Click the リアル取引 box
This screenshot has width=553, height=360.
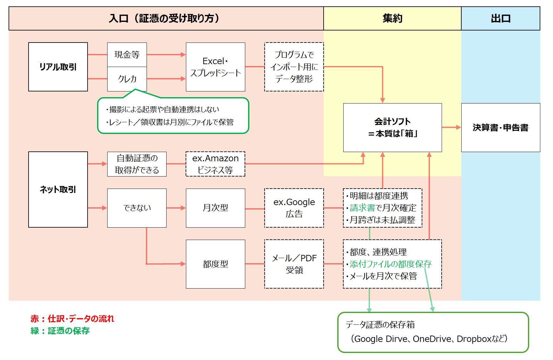click(x=58, y=67)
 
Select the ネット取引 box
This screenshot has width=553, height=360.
click(x=58, y=190)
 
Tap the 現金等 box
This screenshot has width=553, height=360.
click(x=127, y=55)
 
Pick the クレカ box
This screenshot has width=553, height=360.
click(x=127, y=79)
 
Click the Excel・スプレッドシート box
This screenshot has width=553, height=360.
click(x=215, y=67)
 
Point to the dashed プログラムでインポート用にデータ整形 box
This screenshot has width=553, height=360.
click(x=294, y=67)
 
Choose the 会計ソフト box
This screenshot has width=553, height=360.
click(x=392, y=128)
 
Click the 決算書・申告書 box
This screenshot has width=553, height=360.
click(x=500, y=128)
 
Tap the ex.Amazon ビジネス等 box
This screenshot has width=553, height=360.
click(x=215, y=164)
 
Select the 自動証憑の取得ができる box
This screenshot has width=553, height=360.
click(x=137, y=164)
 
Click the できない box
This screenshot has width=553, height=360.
click(x=137, y=208)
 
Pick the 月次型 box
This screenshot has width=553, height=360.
click(x=215, y=208)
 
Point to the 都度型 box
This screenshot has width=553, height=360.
click(x=215, y=264)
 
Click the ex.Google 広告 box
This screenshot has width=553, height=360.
click(x=294, y=208)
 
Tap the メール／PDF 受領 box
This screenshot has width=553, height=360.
click(x=294, y=264)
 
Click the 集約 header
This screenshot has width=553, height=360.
click(x=392, y=18)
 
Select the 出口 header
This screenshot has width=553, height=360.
click(x=500, y=18)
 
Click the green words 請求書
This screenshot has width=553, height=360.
click(x=362, y=208)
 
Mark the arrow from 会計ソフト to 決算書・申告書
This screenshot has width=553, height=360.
click(x=451, y=127)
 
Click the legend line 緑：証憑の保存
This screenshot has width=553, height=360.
click(x=60, y=331)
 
